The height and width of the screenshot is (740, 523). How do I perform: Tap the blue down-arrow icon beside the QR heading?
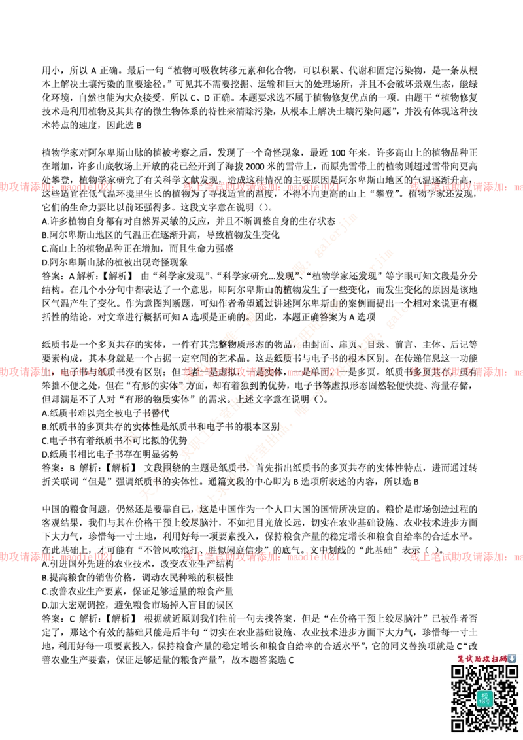(x=512, y=658)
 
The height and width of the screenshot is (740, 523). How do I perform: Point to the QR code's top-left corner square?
(x=458, y=672)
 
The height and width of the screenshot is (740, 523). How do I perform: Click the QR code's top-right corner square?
(x=511, y=672)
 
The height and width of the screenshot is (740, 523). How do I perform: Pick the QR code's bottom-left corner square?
(x=458, y=724)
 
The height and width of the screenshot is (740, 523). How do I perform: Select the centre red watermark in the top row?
(x=261, y=187)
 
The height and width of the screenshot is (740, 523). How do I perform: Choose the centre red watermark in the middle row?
(x=261, y=372)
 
